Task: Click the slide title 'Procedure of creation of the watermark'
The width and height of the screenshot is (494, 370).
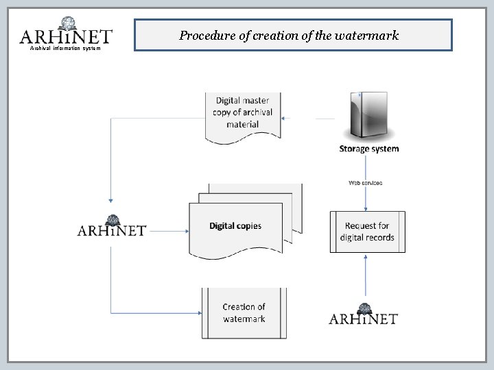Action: coord(289,35)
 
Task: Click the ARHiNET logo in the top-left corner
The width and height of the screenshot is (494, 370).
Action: coord(66,34)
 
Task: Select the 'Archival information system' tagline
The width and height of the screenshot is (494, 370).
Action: coord(65,49)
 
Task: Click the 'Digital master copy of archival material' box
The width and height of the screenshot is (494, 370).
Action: coord(242,112)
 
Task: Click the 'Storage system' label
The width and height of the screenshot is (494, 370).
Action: coord(368,149)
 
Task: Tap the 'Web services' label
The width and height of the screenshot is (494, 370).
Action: coord(365,183)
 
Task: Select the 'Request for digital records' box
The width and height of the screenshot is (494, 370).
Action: coord(368,232)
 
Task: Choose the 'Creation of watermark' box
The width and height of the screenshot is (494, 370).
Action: coord(244,313)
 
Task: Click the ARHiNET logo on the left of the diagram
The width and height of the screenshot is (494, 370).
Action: coord(111,227)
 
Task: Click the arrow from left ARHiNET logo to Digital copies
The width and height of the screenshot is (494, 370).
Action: coord(167,232)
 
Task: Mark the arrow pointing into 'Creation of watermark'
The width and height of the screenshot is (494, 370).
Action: coord(158,313)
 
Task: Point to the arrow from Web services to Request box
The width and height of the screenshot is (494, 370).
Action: coord(365,199)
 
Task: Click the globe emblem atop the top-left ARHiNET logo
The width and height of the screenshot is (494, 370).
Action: coord(68,23)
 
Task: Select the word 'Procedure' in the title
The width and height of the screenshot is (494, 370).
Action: coord(204,35)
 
